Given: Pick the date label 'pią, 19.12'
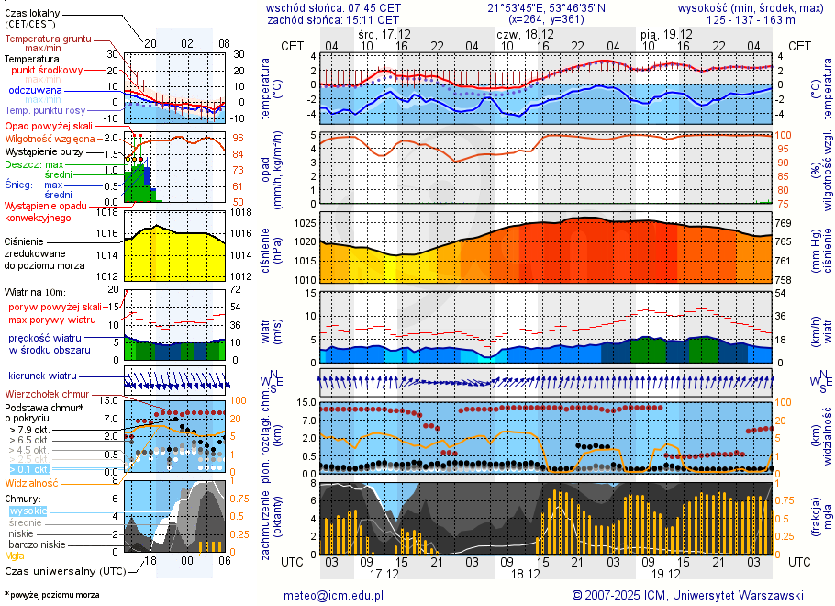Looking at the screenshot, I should (x=665, y=33).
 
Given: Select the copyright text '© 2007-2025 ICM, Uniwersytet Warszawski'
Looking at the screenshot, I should (x=687, y=595).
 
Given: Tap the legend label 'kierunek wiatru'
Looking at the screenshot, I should (x=43, y=376).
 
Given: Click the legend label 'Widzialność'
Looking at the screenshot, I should (x=32, y=481).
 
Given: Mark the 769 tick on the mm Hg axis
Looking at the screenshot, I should (x=784, y=223).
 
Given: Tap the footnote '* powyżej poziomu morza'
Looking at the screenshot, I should (x=51, y=595).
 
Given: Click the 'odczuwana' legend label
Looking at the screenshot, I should (x=35, y=90).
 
